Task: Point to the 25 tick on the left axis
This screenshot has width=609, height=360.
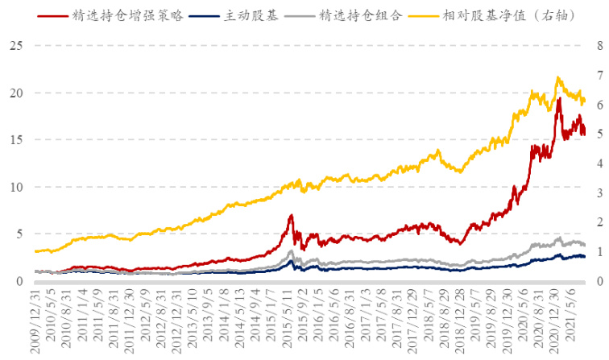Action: (x=14, y=46)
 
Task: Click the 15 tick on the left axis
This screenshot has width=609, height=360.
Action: (x=14, y=140)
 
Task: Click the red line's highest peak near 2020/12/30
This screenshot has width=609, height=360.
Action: (x=559, y=98)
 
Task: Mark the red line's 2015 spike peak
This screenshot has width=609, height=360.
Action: (x=291, y=215)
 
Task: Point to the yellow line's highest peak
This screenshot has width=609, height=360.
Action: (x=557, y=77)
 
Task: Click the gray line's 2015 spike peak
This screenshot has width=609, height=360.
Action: (x=291, y=251)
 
